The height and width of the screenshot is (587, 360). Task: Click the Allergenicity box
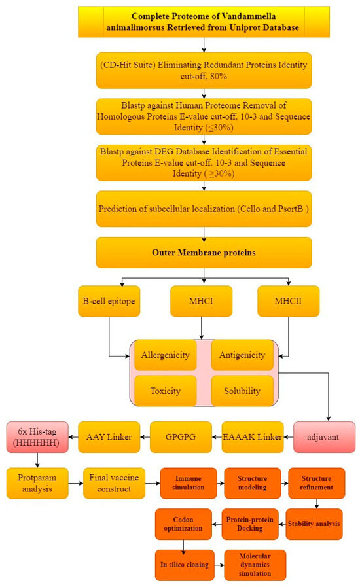point(165,355)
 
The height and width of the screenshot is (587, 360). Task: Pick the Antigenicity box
point(242,355)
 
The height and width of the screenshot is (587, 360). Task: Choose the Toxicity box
point(165,391)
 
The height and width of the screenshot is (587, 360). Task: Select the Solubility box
point(242,391)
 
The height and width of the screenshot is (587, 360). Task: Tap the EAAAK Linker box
point(253,437)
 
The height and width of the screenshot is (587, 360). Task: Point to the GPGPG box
point(181,437)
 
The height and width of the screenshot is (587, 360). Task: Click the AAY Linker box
point(109,437)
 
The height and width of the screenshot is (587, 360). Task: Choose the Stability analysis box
point(314,524)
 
